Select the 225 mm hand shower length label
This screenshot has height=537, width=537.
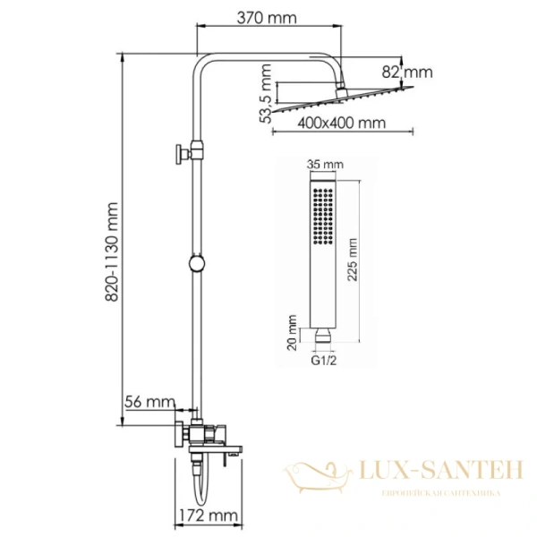pyautogui.click(x=353, y=260)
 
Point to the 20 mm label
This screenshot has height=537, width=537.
pyautogui.click(x=293, y=334)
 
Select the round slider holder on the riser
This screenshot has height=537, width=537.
pyautogui.click(x=196, y=264)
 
